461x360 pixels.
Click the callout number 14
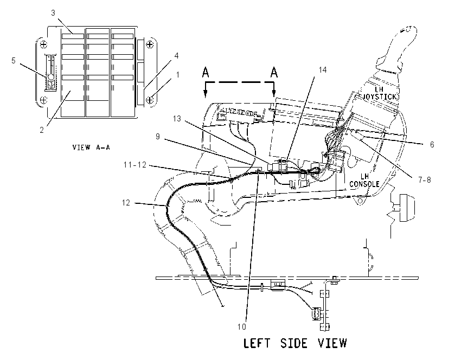(x=323, y=69)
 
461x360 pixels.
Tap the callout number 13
(x=177, y=119)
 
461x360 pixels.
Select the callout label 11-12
(x=135, y=165)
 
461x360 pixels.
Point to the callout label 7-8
(x=425, y=179)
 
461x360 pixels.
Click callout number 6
(x=432, y=144)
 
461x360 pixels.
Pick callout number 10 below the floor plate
(x=242, y=326)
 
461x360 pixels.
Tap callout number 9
(x=158, y=137)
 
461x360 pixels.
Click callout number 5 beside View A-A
(x=14, y=61)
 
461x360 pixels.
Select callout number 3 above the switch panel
(x=53, y=13)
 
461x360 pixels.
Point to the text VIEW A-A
(x=91, y=147)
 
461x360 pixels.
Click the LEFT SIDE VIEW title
(x=295, y=343)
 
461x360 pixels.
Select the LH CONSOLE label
(x=364, y=180)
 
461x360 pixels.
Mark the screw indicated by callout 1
(x=150, y=100)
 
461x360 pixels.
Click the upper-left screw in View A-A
(x=43, y=44)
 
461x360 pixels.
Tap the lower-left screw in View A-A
(x=43, y=100)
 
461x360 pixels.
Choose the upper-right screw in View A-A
(x=150, y=44)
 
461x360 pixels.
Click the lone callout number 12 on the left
(x=126, y=203)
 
